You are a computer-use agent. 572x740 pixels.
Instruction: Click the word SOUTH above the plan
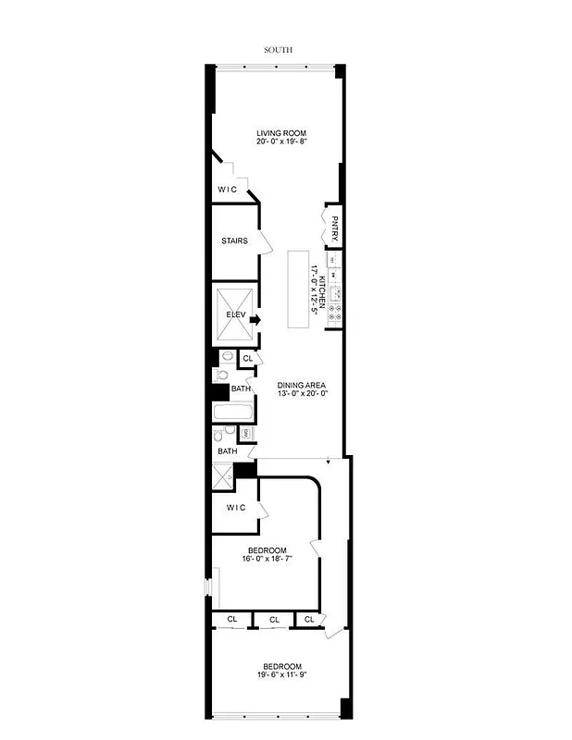click(x=278, y=51)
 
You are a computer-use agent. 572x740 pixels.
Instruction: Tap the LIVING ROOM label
click(x=281, y=133)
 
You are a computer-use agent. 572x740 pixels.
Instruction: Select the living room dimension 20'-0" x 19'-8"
click(x=281, y=142)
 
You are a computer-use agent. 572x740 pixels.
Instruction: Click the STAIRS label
click(x=234, y=241)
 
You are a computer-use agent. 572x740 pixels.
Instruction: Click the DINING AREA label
click(x=302, y=386)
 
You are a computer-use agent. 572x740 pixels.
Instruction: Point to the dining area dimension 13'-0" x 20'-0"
click(x=302, y=395)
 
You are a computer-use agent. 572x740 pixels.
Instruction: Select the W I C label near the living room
click(x=228, y=190)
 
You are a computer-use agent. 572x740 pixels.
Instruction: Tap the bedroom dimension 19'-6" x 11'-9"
click(x=281, y=676)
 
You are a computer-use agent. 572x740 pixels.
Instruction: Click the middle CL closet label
click(x=274, y=620)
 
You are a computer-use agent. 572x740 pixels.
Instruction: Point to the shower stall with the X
click(x=222, y=476)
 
